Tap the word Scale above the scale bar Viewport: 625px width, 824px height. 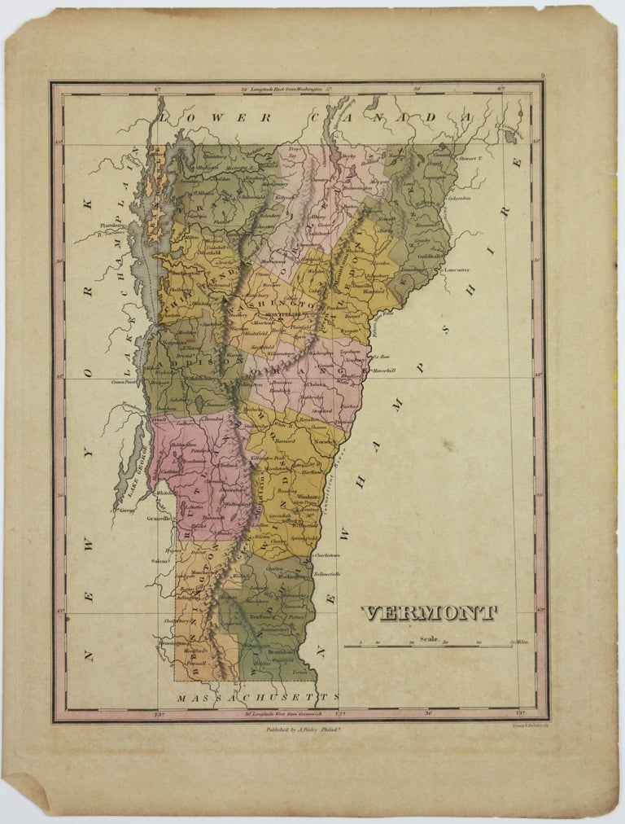tap(430, 639)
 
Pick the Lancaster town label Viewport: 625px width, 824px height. tap(456, 269)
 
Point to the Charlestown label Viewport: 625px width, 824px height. tap(352, 555)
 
